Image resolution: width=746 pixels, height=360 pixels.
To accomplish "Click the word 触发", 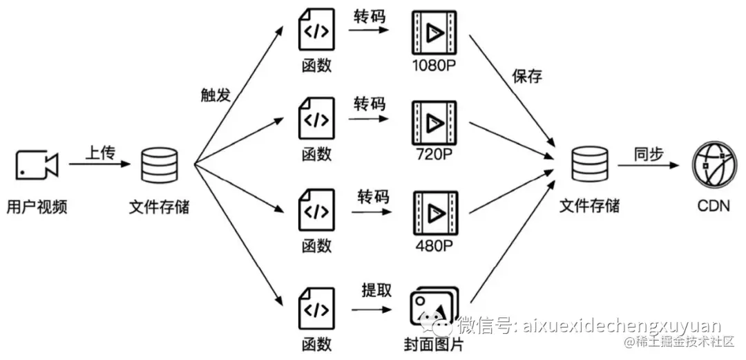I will [216, 95].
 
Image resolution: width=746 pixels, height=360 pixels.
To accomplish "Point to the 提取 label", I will [376, 291].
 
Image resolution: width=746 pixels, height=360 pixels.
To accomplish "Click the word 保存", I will [528, 76].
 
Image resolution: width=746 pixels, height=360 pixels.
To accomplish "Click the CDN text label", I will [714, 206].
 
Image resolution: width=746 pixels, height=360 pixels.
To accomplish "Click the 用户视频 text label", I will [37, 206].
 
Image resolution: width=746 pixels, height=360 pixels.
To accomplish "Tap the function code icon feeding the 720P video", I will [316, 121].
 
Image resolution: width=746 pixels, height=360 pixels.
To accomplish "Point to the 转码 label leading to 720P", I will [370, 104].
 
